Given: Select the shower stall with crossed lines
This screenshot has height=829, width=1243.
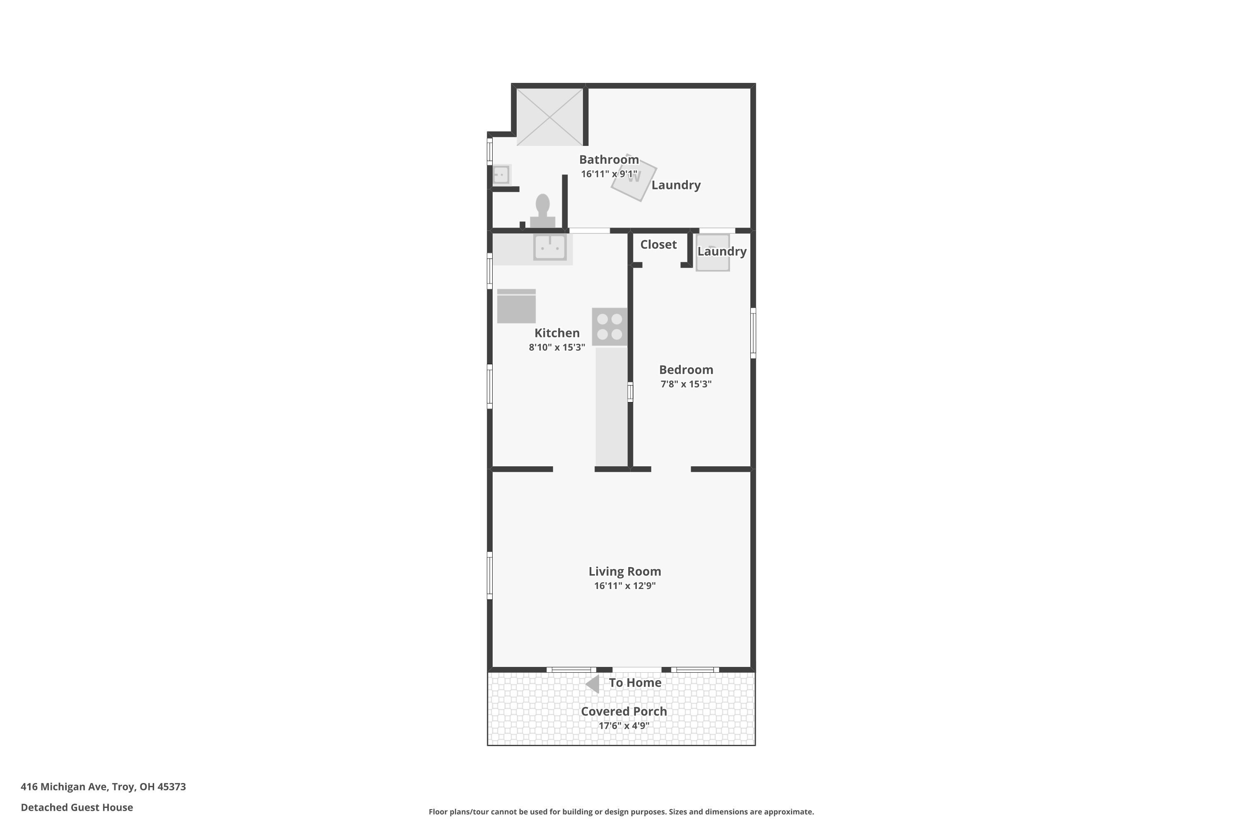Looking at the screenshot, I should [x=550, y=117].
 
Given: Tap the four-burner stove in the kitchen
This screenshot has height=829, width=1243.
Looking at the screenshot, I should [x=609, y=327].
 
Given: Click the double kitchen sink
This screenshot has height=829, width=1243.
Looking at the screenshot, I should [x=550, y=247].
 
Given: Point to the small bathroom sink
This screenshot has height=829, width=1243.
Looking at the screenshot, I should [x=501, y=175].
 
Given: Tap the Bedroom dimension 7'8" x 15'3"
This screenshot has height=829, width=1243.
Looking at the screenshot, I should [x=686, y=384].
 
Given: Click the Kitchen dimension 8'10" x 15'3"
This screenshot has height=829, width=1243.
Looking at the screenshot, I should [x=556, y=347].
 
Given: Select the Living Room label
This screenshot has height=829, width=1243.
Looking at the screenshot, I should [x=625, y=572].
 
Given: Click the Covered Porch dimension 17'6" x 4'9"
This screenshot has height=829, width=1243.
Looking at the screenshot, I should [x=624, y=726].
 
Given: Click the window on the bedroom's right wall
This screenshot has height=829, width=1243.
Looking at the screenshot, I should [x=753, y=333].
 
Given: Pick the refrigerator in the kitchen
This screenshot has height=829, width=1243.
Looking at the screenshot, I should [x=516, y=306].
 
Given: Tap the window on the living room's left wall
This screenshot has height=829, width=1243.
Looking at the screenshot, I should [x=489, y=576].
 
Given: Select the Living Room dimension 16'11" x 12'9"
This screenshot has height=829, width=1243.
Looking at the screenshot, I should [x=625, y=586].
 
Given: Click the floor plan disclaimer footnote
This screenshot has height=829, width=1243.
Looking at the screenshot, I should [x=621, y=812].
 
